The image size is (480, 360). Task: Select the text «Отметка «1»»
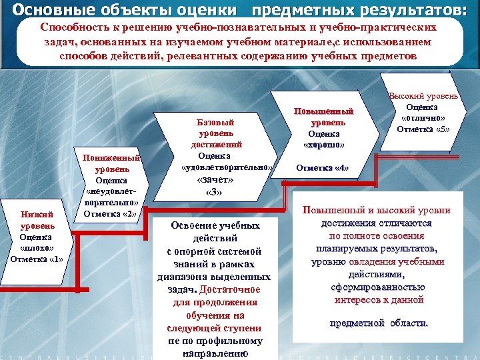pos(37,259)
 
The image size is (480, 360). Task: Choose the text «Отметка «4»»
pos(322,167)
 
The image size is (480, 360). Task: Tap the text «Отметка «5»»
pos(424,129)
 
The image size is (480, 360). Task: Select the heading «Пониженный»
pos(111,158)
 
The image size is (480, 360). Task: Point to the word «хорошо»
pos(324,144)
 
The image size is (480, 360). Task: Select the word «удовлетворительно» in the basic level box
pos(227,167)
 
